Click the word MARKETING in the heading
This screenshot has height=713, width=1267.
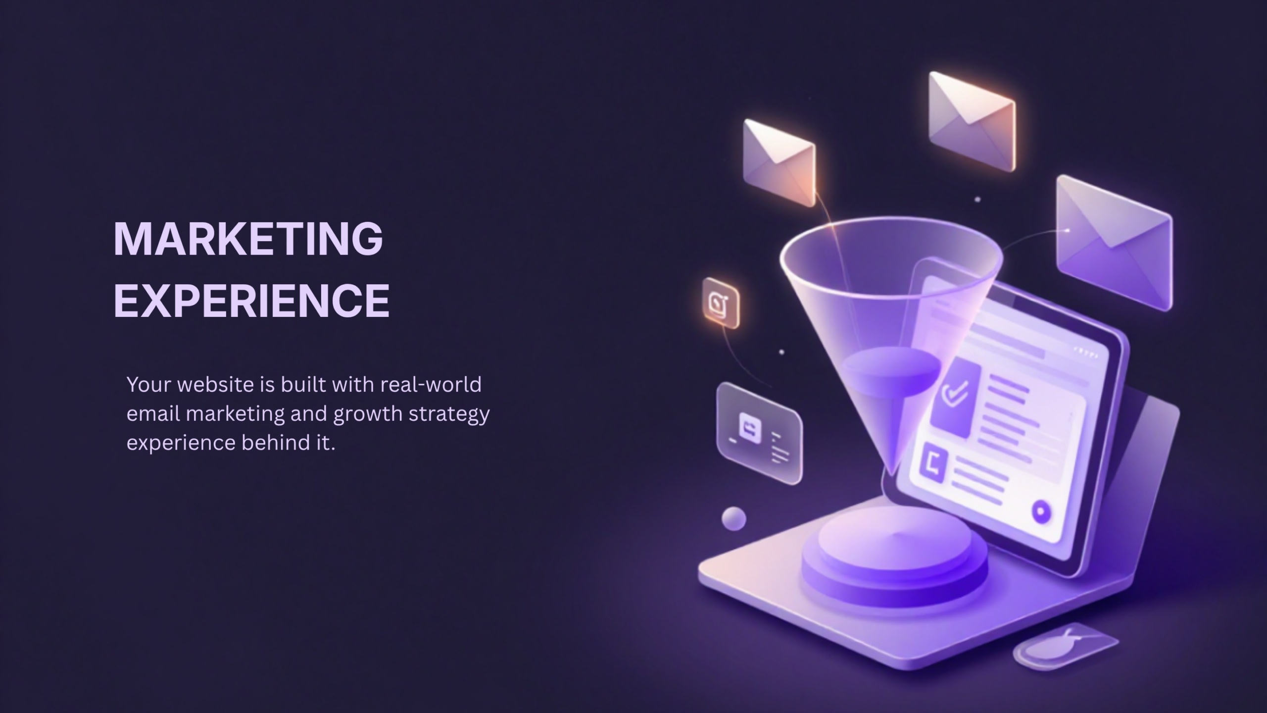click(x=248, y=239)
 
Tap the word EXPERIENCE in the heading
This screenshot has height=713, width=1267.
click(x=252, y=300)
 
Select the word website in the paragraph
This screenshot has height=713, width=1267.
click(x=215, y=384)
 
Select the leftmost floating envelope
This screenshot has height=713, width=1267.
click(x=779, y=162)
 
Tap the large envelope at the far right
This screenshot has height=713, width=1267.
click(x=1114, y=243)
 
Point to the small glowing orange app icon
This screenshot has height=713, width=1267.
click(x=721, y=303)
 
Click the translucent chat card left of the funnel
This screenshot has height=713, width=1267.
click(x=759, y=433)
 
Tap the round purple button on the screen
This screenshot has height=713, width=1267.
click(x=1041, y=511)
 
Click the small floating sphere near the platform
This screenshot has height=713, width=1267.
click(x=733, y=518)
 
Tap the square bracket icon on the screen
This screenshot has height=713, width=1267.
click(x=933, y=466)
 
